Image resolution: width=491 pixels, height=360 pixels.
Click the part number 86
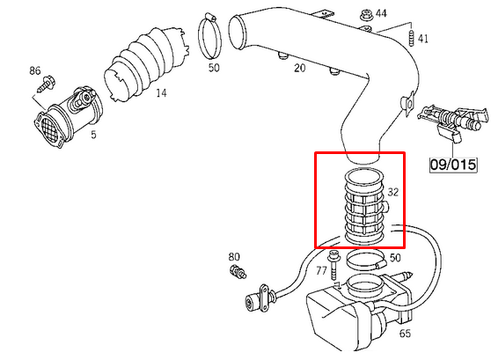pos(35,70)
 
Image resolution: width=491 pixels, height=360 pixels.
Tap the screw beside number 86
pos(46,84)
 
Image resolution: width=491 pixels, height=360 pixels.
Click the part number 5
pos(93,135)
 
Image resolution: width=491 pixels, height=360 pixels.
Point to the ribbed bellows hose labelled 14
pos(145,64)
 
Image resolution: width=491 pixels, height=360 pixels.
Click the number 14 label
pos(161,93)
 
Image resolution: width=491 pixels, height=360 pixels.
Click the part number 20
pos(299,68)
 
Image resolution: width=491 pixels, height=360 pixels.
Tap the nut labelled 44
pos(365,15)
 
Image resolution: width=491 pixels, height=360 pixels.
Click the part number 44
pos(381,13)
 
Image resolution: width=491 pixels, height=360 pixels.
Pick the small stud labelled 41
pos(411,39)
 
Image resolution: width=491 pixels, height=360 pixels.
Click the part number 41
pos(422,39)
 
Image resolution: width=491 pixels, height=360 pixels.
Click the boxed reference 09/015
pos(453,165)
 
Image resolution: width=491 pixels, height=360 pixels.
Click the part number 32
pos(393,192)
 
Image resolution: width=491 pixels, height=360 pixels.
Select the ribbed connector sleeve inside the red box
pos(365,206)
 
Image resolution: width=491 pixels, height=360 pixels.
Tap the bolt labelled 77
pos(333,265)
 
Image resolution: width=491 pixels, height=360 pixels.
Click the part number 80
pos(234,257)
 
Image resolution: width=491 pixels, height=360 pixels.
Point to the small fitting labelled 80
pos(238,272)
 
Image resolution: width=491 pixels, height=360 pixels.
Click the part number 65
pos(405,334)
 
